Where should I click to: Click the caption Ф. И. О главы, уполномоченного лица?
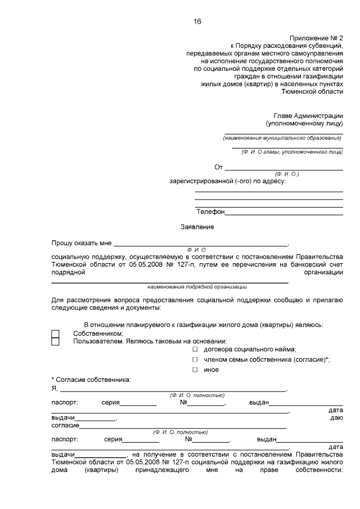[291, 152]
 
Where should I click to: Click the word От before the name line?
[219, 167]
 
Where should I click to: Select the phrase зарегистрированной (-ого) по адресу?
[228, 181]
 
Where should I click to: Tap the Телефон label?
[210, 211]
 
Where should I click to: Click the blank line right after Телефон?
[284, 213]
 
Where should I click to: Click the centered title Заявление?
[197, 227]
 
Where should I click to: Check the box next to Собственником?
[55, 334]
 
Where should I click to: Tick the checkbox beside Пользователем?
[55, 341]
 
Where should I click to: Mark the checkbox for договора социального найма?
[195, 349]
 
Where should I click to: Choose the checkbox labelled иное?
[195, 370]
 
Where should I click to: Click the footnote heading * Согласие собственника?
[91, 380]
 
